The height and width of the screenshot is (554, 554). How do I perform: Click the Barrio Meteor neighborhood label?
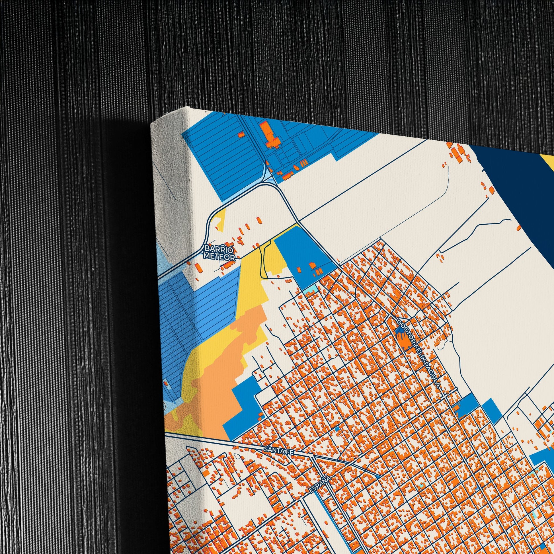[219, 252]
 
